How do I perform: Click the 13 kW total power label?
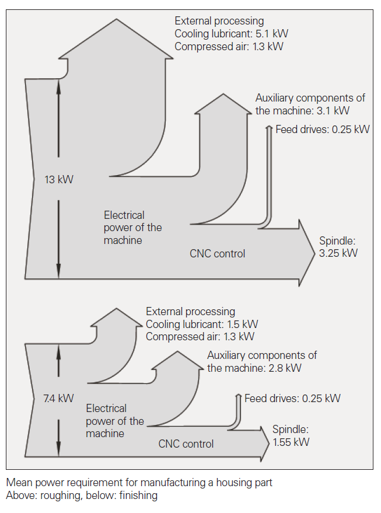(x=59, y=180)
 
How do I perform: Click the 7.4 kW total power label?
(x=59, y=399)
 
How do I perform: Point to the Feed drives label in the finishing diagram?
(x=292, y=399)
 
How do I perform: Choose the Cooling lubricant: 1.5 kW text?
(x=202, y=324)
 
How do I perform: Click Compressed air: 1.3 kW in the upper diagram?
(x=229, y=47)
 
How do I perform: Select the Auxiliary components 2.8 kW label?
(x=262, y=361)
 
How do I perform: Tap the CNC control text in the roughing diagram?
(x=217, y=253)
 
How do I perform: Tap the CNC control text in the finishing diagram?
(x=186, y=444)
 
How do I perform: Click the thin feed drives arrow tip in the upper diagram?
(x=269, y=127)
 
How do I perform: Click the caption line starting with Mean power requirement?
(x=139, y=483)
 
